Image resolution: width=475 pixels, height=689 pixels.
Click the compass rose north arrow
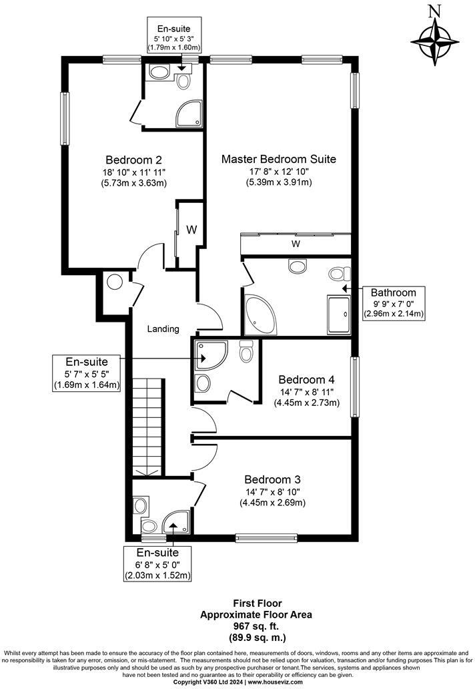point(436,39)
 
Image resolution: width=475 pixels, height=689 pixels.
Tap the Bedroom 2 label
point(133,160)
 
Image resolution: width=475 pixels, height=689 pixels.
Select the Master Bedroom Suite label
point(278,160)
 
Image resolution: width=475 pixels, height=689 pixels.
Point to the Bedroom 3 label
point(272,479)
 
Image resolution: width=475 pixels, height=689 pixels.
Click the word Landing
point(163,328)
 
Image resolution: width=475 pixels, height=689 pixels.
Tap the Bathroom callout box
point(394,302)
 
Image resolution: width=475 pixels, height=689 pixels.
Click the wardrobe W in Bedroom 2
point(191,230)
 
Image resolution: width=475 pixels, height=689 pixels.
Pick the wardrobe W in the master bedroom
point(295,244)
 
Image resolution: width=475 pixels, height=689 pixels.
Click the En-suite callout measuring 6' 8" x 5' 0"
point(157,563)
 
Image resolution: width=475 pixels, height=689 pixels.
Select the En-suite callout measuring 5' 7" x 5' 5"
point(87,373)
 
